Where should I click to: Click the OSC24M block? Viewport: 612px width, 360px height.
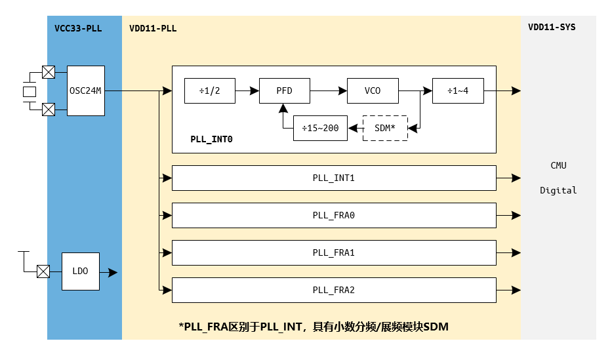85,90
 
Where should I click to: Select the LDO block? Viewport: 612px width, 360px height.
81,271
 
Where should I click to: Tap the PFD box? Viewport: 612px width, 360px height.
284,90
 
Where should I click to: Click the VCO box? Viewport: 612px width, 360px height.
372,90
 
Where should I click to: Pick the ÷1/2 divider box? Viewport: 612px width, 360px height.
210,90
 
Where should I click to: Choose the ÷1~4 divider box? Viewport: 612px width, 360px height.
458,90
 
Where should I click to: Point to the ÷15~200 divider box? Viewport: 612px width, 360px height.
320,128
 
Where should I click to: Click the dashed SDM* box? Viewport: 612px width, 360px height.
385,128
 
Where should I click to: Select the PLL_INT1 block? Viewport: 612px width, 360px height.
333,178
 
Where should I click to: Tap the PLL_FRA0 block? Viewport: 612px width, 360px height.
333,215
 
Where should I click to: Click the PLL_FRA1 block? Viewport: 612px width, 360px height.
333,252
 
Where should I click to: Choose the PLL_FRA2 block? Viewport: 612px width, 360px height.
333,290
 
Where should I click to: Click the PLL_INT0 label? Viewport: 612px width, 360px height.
211,140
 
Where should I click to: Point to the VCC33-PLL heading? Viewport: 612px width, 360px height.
77,28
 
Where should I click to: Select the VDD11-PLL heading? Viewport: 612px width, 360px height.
153,28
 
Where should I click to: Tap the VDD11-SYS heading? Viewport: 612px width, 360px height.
552,28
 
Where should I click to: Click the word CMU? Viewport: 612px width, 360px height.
558,165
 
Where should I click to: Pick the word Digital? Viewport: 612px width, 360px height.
558,190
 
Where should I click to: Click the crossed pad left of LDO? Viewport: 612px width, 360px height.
43,270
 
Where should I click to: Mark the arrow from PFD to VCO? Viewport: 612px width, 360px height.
328,90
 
